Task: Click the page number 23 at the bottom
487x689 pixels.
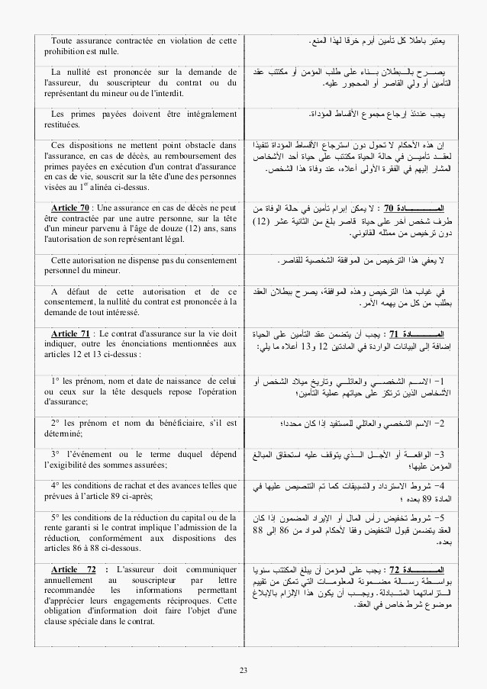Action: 243,671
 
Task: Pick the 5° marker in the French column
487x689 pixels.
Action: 56,517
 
